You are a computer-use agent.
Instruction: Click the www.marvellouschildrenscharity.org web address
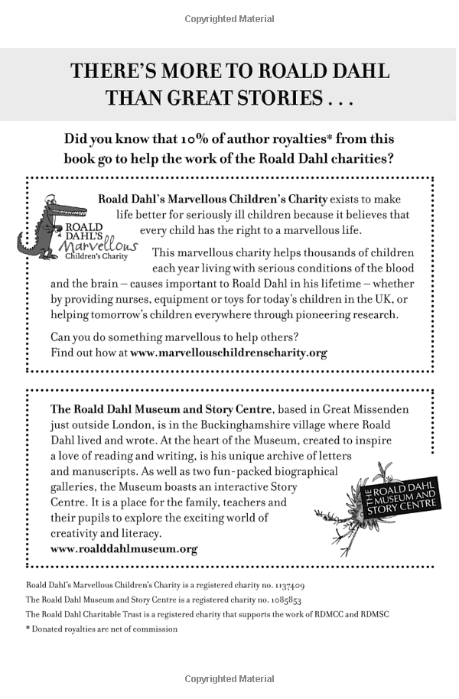tap(229, 353)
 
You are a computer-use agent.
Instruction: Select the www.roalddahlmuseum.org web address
tap(124, 549)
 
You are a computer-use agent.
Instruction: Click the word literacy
tap(139, 533)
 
